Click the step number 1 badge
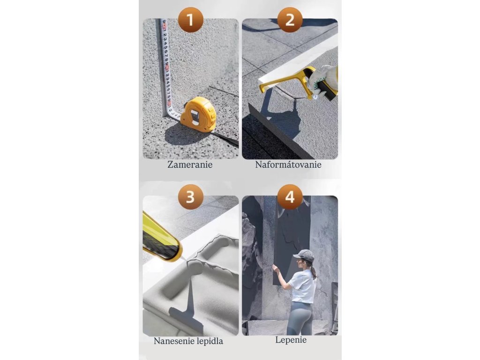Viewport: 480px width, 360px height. click(190, 20)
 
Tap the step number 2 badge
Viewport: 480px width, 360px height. click(290, 20)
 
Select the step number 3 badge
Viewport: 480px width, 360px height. click(190, 197)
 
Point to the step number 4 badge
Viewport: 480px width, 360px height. click(290, 197)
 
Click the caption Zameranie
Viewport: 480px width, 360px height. click(190, 165)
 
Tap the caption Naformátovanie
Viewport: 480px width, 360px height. click(288, 165)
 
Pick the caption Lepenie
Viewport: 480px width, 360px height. click(291, 340)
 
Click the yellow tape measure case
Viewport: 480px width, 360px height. click(198, 114)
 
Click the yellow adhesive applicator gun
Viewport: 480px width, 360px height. click(162, 238)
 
